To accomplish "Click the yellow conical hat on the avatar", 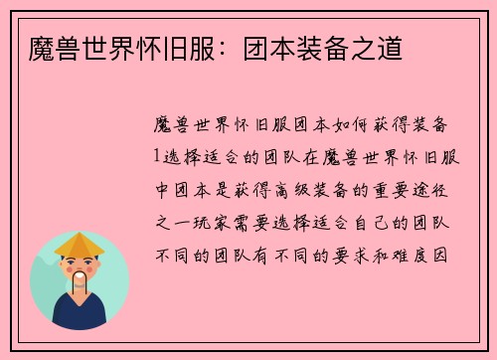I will pyautogui.click(x=80, y=245).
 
